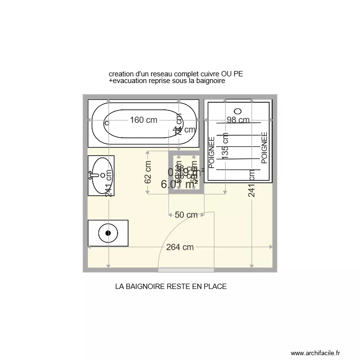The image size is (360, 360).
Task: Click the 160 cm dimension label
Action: tap(144, 120)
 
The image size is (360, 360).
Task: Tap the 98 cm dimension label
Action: tap(238, 120)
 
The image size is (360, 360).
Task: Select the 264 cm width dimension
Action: tap(180, 247)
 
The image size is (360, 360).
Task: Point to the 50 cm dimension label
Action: tap(186, 215)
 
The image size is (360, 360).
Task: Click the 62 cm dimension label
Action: tap(148, 172)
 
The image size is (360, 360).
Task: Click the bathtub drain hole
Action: tap(107, 123)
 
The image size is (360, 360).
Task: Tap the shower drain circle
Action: tap(239, 110)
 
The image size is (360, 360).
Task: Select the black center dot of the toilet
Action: tap(108, 233)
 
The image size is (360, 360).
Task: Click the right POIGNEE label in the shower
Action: tap(264, 149)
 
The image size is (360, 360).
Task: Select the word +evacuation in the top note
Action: tap(129, 81)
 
